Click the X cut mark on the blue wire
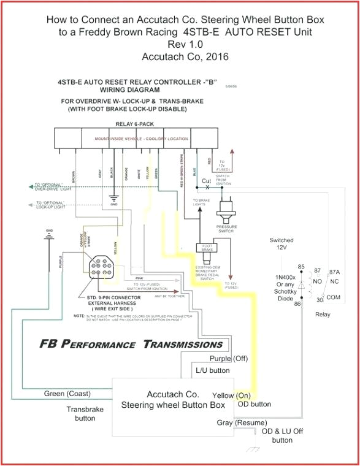point(207,187)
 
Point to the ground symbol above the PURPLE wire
point(48,235)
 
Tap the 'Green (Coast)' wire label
point(67,393)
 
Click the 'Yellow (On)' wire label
point(232,395)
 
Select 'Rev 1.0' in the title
point(180,44)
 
